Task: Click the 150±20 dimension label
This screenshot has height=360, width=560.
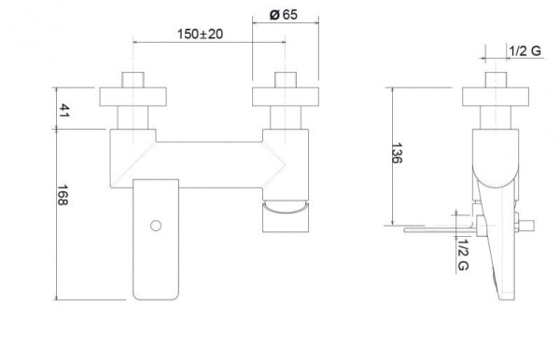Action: [200, 35]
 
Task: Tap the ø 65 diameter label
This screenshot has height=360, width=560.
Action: [284, 15]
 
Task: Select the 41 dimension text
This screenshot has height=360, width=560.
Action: [63, 110]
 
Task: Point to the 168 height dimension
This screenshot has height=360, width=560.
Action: [63, 195]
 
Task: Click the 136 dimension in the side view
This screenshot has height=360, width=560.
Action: [397, 153]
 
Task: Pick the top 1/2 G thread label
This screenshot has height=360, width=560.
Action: [525, 51]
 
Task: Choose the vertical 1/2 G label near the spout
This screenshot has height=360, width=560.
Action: [463, 255]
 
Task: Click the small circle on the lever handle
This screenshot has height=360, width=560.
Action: [156, 226]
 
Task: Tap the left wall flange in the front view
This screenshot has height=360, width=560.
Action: [133, 97]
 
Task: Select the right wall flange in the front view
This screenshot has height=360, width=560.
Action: [286, 97]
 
